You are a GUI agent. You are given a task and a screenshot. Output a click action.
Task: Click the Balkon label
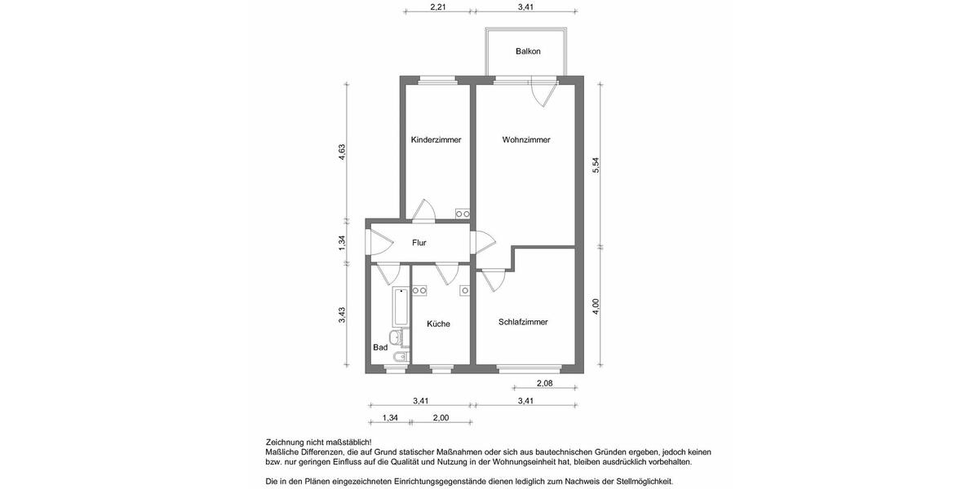[528, 51]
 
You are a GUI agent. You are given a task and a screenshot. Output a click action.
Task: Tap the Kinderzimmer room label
[436, 140]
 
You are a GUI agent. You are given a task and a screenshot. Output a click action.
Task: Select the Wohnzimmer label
[526, 140]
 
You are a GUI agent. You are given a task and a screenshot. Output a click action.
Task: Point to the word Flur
[419, 243]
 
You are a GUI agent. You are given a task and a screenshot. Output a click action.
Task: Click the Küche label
[438, 324]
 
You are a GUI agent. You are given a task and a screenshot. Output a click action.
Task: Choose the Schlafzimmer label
[523, 322]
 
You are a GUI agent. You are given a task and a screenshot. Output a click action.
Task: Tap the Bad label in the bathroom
[380, 347]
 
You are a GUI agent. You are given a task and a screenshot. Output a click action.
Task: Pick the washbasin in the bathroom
[396, 337]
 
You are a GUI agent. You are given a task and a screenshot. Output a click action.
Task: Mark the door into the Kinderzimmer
[423, 210]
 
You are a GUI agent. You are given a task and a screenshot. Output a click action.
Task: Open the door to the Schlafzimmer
[492, 280]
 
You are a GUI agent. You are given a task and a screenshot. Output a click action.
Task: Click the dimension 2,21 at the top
[438, 8]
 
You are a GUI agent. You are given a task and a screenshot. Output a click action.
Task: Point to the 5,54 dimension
[596, 164]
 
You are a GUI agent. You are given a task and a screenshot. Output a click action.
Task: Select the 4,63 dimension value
[343, 152]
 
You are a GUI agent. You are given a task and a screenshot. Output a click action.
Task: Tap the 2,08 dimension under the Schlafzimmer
[546, 383]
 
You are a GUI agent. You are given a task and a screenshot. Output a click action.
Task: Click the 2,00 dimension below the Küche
[441, 418]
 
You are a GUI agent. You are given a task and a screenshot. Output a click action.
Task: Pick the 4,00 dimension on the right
[596, 306]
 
